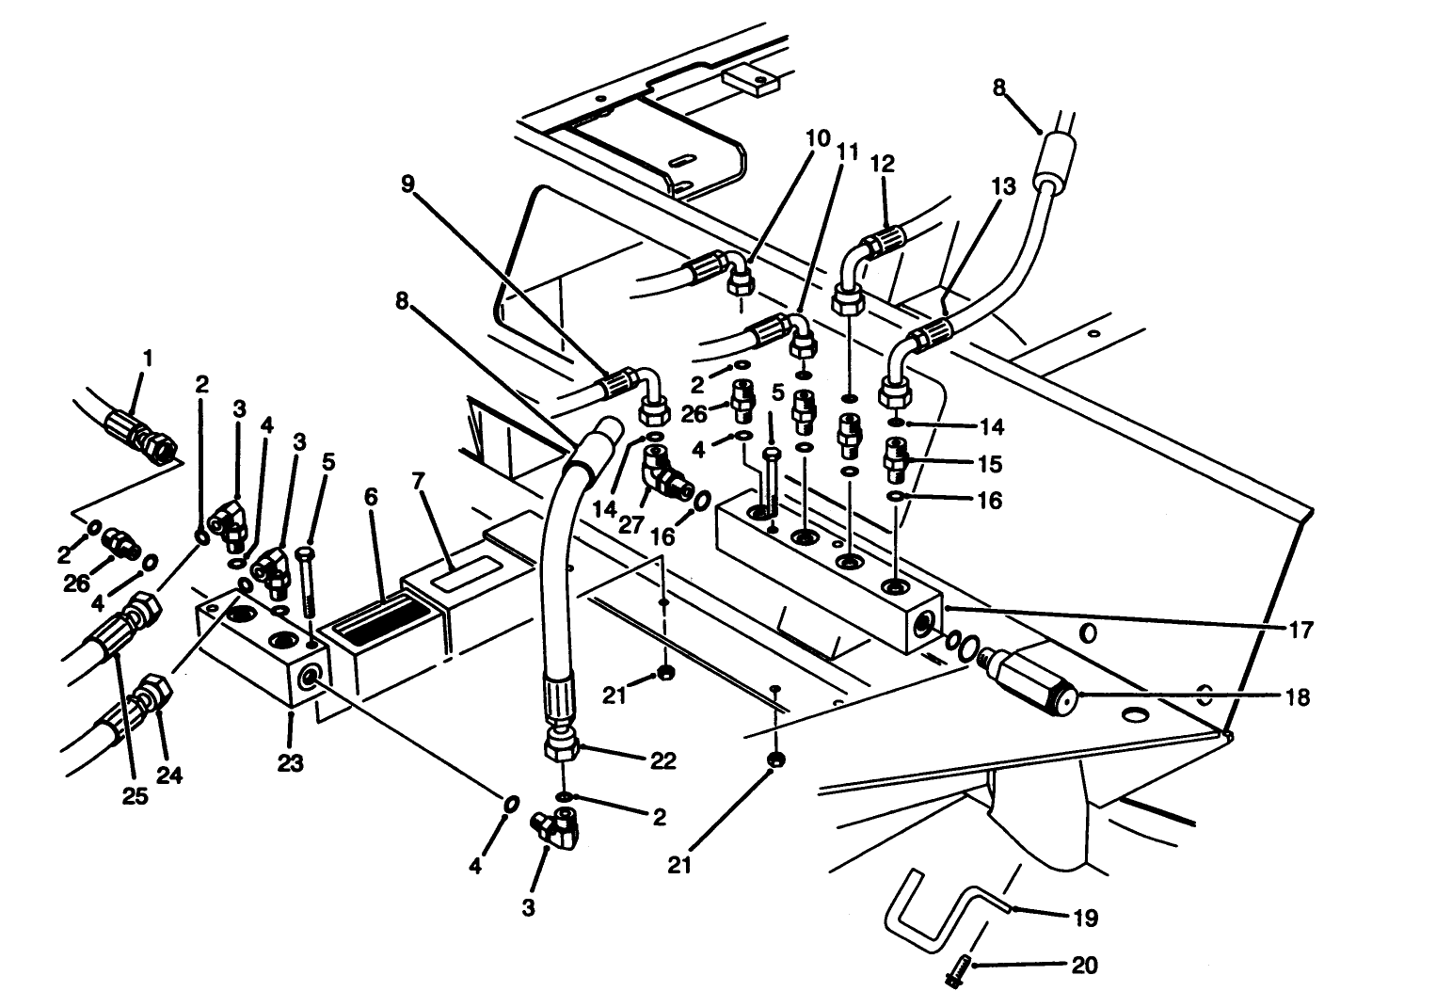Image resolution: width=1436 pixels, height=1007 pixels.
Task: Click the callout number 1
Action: (146, 360)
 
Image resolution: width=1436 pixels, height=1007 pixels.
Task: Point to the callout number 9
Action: (407, 184)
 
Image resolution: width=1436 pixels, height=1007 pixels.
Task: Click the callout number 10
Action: (818, 139)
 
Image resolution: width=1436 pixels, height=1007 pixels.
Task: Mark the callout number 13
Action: (1003, 186)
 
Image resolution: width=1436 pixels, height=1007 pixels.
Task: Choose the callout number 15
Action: (989, 464)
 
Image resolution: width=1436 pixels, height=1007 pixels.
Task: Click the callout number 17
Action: (1300, 630)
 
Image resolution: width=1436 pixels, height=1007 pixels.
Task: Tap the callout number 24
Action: (169, 775)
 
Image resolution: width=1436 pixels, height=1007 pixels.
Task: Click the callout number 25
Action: (136, 796)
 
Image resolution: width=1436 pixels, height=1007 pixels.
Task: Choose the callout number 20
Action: (1084, 966)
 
